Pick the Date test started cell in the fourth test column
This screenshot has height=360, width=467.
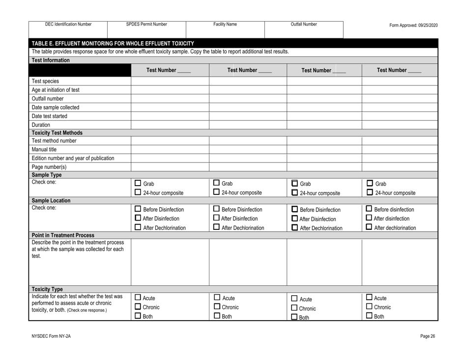[400, 116]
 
